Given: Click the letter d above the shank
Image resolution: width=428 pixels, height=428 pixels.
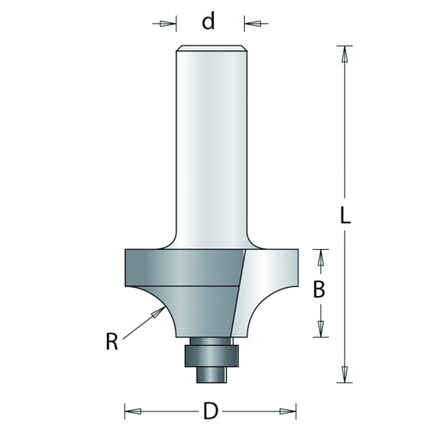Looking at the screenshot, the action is (208, 21).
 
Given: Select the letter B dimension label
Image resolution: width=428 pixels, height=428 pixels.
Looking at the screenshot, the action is (318, 289).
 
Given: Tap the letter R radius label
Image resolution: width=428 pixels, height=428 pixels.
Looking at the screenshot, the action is (112, 342).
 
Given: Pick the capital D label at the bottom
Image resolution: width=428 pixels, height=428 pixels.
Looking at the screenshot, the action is (211, 411).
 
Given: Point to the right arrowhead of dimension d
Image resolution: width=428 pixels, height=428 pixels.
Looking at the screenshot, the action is (253, 24).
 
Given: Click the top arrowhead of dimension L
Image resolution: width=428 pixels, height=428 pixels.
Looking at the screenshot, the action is (345, 54).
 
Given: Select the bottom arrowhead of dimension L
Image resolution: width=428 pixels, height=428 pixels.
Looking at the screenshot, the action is (345, 374).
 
